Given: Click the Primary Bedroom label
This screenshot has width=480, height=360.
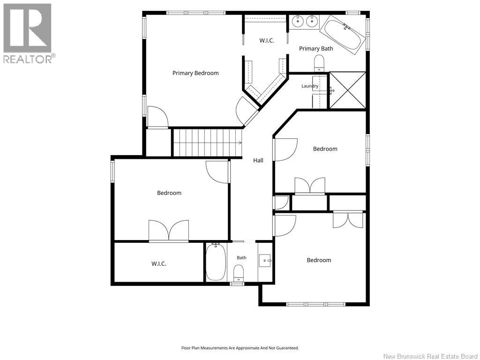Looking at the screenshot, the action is (x=195, y=73).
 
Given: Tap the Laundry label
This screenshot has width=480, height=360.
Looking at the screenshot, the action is (x=310, y=86).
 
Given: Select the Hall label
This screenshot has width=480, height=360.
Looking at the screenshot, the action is (x=258, y=160).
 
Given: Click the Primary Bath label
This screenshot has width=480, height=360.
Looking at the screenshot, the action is (x=316, y=48).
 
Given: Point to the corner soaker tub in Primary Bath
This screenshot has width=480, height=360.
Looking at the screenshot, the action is (x=343, y=35).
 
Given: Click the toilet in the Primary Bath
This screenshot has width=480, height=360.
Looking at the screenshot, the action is (x=319, y=63).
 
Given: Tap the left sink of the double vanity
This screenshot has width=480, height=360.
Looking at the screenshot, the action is (x=297, y=22).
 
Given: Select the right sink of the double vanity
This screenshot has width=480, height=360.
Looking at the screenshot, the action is (x=312, y=22).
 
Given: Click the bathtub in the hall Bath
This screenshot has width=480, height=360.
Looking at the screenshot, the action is (x=216, y=262).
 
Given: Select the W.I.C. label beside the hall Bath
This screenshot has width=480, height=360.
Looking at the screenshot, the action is (x=159, y=263).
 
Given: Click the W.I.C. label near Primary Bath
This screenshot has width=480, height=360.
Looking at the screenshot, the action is (x=267, y=40).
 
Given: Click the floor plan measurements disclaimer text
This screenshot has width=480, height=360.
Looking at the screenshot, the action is (x=240, y=348).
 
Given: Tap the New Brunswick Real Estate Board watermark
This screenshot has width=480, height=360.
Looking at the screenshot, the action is (x=430, y=356).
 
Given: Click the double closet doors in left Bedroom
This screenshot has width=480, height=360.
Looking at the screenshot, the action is (x=169, y=231).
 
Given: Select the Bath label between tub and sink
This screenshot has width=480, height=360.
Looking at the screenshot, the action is (x=241, y=258).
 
